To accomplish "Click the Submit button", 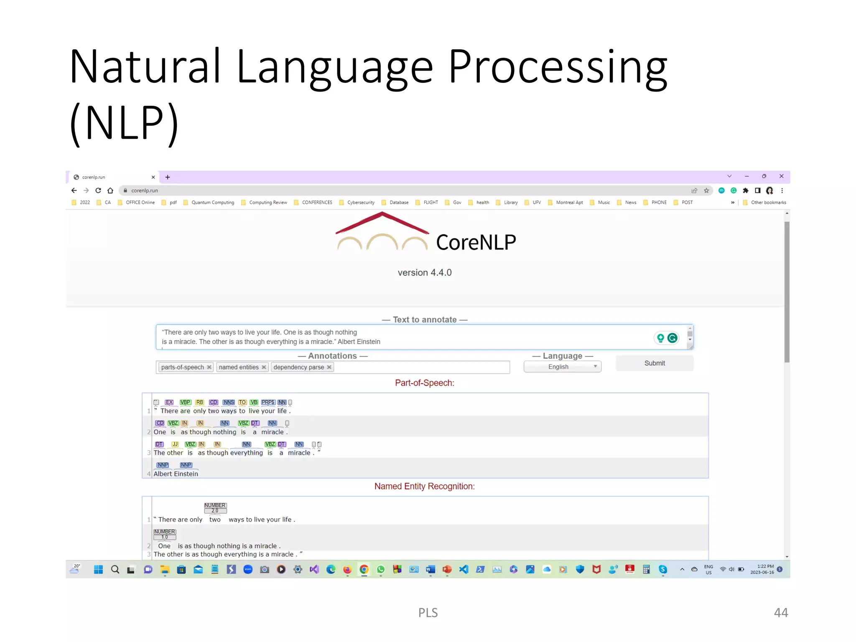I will point(654,363).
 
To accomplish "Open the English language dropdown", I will point(562,367).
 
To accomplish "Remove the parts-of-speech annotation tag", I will point(209,367).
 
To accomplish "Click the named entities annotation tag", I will point(239,367).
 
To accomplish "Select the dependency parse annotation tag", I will point(298,367).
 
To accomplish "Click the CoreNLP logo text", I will point(476,242).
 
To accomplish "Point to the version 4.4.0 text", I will point(424,273).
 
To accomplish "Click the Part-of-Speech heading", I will point(424,383).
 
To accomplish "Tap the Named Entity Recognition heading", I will point(424,486).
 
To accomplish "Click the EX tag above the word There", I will point(169,402).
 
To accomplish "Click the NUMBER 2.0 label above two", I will point(215,507).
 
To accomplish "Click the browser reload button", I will point(98,191).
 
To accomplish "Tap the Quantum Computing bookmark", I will point(212,202).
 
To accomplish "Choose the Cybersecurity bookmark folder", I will point(360,202).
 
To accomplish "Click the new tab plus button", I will point(168,177).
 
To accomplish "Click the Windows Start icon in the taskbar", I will point(98,569).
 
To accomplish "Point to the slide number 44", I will point(780,612).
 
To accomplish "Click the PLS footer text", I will point(428,612).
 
